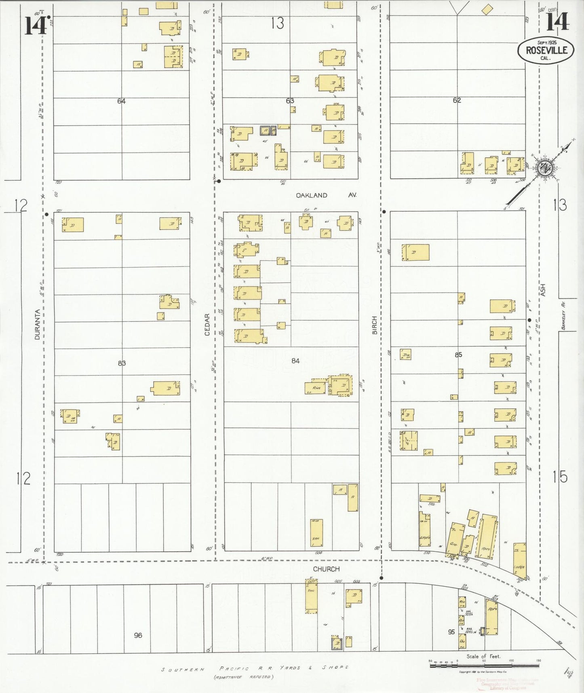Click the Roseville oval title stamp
[x=546, y=50]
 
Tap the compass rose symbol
[x=545, y=167]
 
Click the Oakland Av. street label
[x=326, y=195]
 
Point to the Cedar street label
[x=207, y=324]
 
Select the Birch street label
[x=375, y=325]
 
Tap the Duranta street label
[x=37, y=324]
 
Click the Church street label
[x=326, y=569]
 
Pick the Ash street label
[x=543, y=290]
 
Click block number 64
[x=122, y=101]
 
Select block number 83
[x=122, y=363]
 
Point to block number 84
[x=295, y=361]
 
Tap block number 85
[x=458, y=355]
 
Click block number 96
[x=138, y=635]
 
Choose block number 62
[x=457, y=100]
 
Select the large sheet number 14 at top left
[x=36, y=25]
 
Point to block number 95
[x=451, y=632]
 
